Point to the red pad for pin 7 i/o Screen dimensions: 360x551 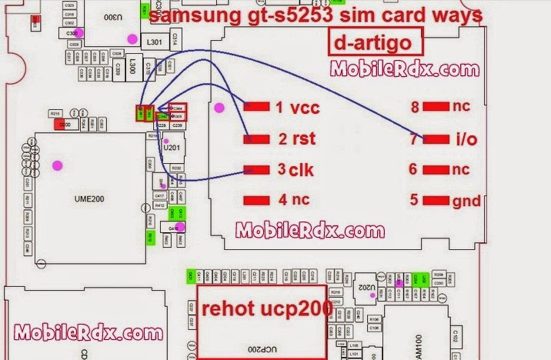click(x=436, y=139)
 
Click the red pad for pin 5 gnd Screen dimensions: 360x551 click(x=436, y=201)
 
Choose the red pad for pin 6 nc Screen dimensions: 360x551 click(x=436, y=170)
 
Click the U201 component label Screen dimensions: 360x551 click(x=173, y=148)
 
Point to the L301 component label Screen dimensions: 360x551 click(x=154, y=41)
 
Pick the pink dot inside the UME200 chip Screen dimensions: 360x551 click(x=56, y=164)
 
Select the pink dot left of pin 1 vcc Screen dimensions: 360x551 click(x=219, y=108)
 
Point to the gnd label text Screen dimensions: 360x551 click(x=467, y=202)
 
